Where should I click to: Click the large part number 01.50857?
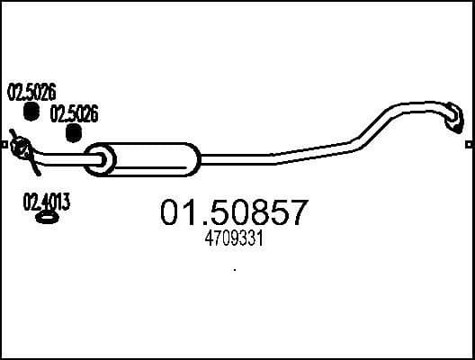coord(235,214)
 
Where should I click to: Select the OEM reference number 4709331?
coord(235,240)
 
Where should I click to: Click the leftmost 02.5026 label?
coord(31,92)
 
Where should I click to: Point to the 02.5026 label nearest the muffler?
coord(74,114)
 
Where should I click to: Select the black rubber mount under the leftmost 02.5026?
coord(31,111)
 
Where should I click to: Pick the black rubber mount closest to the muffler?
coord(74,133)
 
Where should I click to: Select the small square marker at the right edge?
coord(470,143)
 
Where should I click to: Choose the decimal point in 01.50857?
coord(203,224)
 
